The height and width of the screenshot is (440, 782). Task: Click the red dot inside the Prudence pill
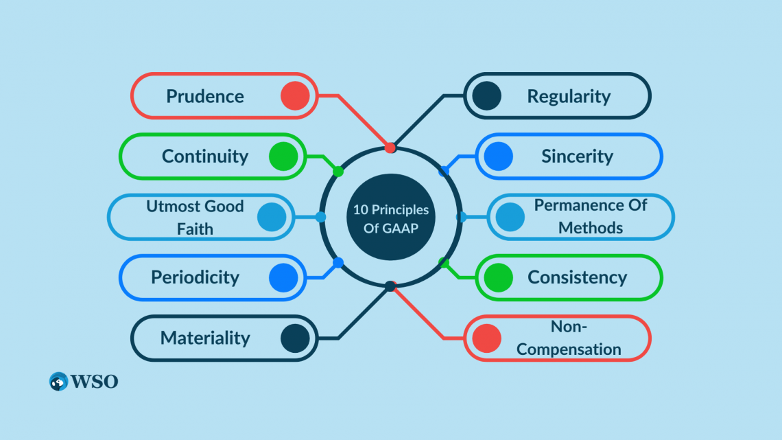[295, 96]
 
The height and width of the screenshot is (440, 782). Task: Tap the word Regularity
[569, 96]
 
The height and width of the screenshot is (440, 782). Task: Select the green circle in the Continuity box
[283, 156]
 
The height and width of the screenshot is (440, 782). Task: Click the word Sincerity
[577, 156]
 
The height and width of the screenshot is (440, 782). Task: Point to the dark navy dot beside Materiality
[295, 338]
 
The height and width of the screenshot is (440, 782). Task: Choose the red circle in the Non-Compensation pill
[486, 338]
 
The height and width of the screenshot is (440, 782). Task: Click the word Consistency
[577, 277]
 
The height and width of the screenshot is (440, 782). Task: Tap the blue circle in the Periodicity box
[283, 277]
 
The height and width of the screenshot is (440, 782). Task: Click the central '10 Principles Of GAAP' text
[391, 218]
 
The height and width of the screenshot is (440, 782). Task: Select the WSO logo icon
[58, 382]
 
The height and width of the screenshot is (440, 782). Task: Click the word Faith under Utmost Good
[195, 229]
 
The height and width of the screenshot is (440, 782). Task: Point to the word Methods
[591, 228]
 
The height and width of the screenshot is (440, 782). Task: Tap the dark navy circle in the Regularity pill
[486, 96]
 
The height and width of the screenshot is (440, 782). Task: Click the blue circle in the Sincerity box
[498, 156]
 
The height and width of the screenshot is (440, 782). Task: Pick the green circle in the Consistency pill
[498, 277]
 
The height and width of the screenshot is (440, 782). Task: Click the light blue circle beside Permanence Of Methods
[510, 217]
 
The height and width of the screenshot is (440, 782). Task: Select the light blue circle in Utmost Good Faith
[272, 217]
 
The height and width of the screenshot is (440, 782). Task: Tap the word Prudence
[205, 96]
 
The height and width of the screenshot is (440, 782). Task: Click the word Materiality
[205, 338]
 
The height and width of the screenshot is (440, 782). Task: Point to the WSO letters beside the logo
[95, 382]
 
